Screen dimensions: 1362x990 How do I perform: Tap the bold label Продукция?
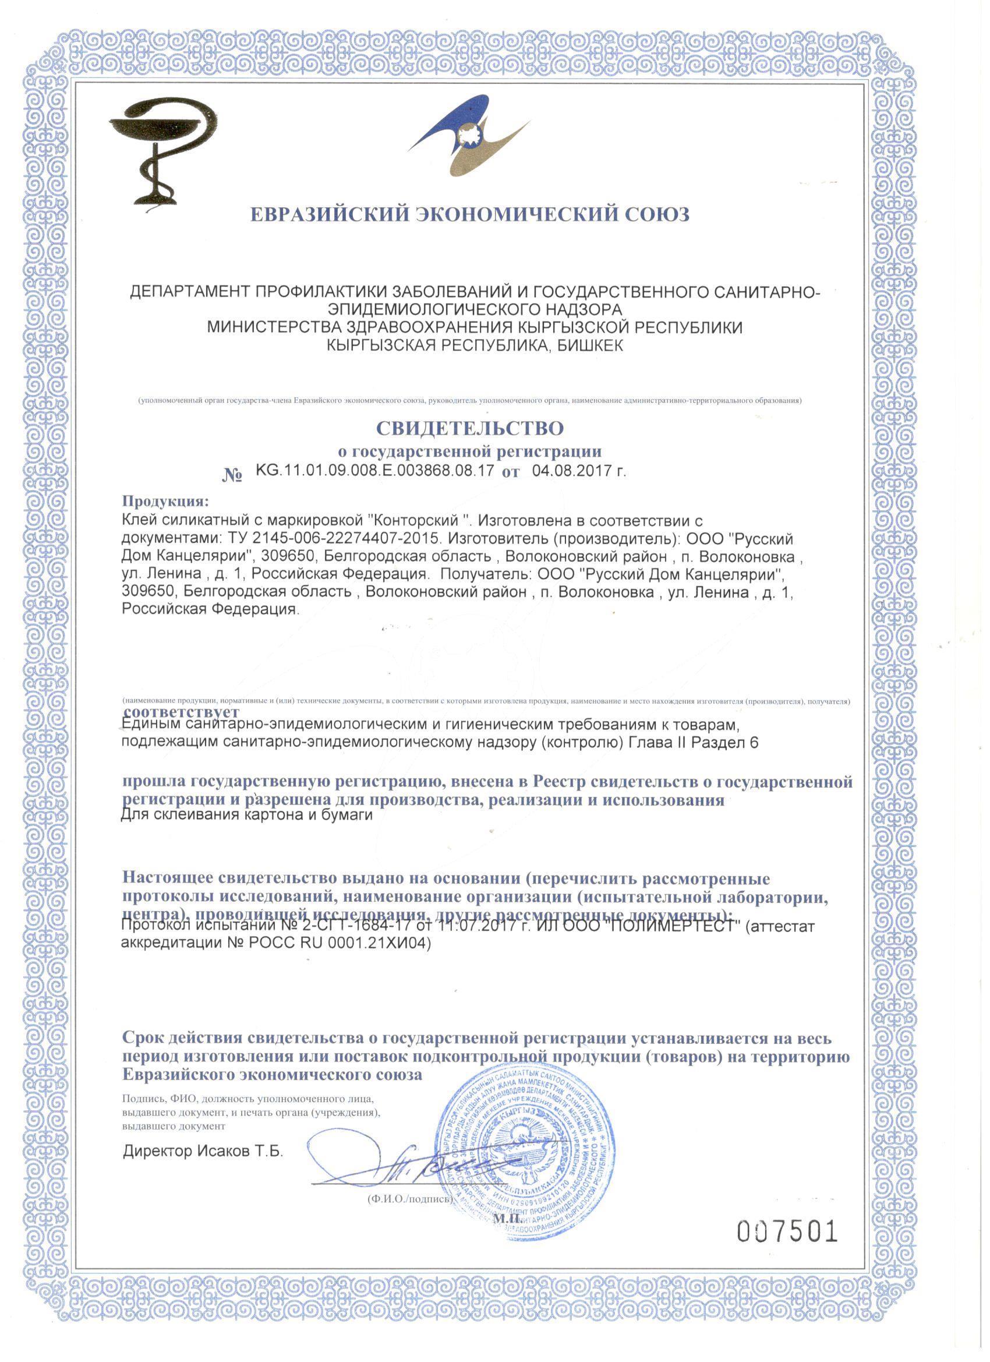(167, 500)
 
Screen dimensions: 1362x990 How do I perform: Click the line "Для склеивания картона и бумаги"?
(248, 816)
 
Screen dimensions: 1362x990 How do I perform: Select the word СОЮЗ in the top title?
(656, 215)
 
